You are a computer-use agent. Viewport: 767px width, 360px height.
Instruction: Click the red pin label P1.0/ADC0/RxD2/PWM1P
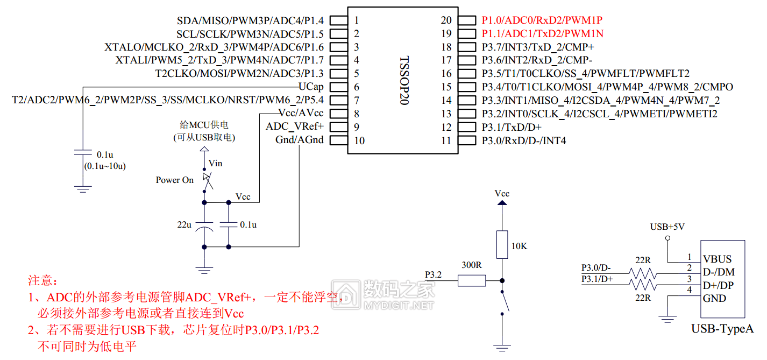[542, 20]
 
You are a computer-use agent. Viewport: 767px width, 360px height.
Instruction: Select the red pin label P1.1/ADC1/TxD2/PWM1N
[542, 33]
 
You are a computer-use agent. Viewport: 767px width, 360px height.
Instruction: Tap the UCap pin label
[311, 87]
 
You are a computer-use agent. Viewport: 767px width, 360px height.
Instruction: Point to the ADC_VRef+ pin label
[295, 126]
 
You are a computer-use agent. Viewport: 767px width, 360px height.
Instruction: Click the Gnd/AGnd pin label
[300, 140]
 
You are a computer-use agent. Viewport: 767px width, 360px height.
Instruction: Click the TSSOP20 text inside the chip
[404, 81]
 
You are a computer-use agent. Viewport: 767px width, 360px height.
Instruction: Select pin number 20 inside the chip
[446, 20]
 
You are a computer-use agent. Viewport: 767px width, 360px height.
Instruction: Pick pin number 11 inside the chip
[446, 141]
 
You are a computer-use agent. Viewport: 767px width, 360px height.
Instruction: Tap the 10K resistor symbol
[502, 244]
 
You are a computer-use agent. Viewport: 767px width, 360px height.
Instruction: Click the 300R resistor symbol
[472, 280]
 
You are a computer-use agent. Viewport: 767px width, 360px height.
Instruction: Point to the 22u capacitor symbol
[204, 226]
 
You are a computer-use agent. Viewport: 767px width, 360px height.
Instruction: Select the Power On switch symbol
[207, 180]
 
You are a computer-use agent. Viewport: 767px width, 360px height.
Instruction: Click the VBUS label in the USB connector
[718, 259]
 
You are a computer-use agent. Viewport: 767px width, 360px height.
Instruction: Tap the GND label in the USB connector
[715, 298]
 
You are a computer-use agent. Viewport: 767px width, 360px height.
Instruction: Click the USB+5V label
[667, 227]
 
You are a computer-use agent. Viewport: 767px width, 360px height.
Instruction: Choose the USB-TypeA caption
[722, 329]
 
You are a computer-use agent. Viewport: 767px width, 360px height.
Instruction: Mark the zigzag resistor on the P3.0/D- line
[643, 274]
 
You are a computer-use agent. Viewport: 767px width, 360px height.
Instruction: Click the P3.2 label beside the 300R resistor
[433, 275]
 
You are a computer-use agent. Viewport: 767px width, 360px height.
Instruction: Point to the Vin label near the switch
[215, 164]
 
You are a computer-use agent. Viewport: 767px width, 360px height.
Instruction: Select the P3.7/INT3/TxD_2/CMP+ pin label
[538, 47]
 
